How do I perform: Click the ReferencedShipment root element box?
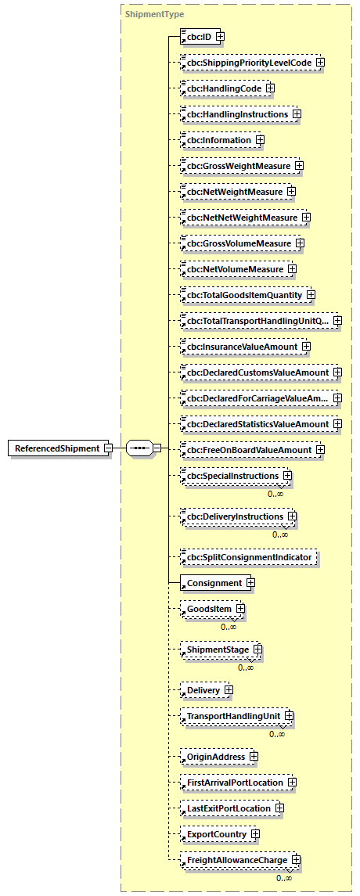(56, 448)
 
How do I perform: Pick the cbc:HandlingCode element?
(222, 88)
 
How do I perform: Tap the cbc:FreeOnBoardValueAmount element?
(246, 450)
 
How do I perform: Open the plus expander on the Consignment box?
(250, 583)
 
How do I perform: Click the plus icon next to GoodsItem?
(241, 609)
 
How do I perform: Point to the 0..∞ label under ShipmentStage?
(246, 668)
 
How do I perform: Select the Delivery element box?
(203, 691)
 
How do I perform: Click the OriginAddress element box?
(213, 757)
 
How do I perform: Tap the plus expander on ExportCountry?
(256, 834)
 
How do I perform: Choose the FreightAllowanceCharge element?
(234, 861)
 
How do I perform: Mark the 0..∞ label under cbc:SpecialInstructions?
(275, 494)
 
